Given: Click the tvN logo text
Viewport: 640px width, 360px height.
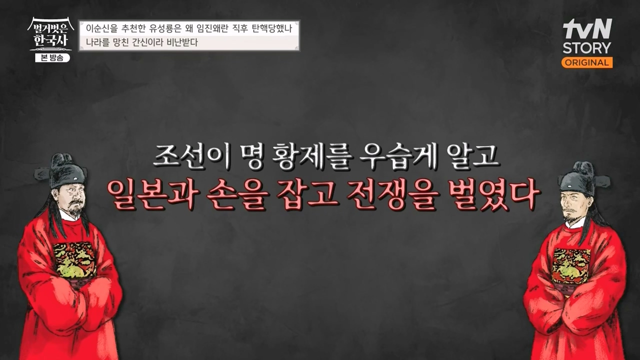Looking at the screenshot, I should (x=587, y=30).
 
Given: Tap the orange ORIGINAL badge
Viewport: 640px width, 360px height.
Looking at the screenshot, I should (x=587, y=62).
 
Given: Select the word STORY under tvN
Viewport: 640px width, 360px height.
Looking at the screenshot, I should (x=587, y=48).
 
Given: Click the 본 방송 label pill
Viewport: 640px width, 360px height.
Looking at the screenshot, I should (x=52, y=57).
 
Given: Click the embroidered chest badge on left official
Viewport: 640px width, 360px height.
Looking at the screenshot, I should (x=74, y=260).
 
